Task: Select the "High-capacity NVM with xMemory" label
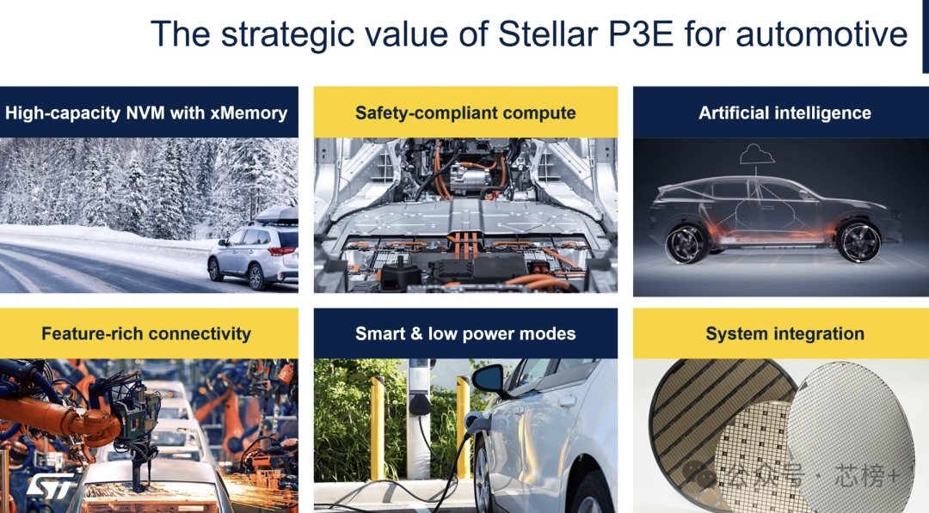(x=146, y=113)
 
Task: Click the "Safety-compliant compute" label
(x=465, y=113)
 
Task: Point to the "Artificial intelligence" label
(x=784, y=113)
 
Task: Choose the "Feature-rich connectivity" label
(x=146, y=333)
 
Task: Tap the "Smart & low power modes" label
(x=465, y=333)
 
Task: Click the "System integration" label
(x=784, y=333)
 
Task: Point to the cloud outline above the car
(x=757, y=156)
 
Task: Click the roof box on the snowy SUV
(x=276, y=216)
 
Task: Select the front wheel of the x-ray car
(x=859, y=241)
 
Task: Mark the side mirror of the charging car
(x=488, y=379)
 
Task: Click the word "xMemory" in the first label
(x=249, y=113)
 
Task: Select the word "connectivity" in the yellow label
(x=200, y=333)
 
